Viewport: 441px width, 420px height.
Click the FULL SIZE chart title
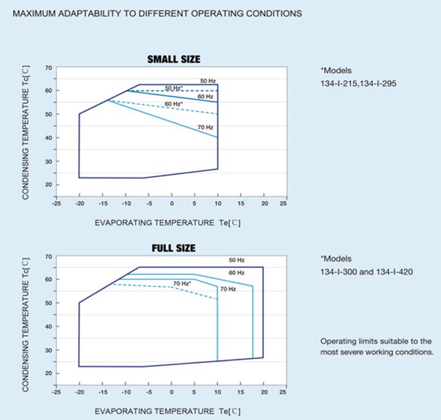[x=173, y=249]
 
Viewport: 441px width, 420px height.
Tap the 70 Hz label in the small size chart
[x=205, y=127]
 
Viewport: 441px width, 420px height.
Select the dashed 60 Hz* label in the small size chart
[x=173, y=104]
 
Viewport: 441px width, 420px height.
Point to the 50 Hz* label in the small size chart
[x=173, y=88]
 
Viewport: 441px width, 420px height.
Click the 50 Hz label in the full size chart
[x=237, y=260]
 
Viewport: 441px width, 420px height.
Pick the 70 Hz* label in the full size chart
[x=182, y=283]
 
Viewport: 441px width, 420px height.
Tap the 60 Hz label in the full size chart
[x=237, y=272]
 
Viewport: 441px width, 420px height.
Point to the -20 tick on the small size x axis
[x=79, y=203]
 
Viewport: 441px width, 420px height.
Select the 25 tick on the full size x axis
[x=283, y=392]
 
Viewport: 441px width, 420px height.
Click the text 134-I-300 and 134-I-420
[x=367, y=272]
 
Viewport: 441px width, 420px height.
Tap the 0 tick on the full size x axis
[x=171, y=392]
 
